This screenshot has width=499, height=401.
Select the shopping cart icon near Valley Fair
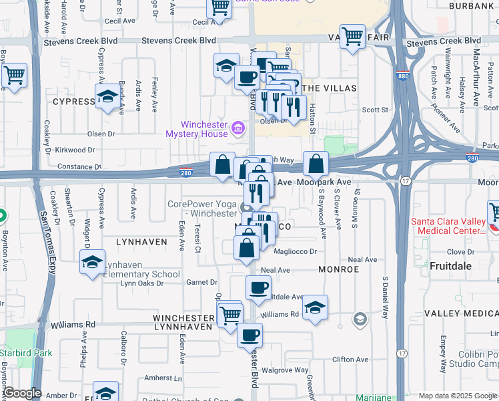pyautogui.click(x=352, y=35)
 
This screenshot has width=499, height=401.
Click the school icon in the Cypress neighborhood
pyautogui.click(x=107, y=97)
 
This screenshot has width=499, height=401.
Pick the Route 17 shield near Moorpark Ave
pyautogui.click(x=405, y=182)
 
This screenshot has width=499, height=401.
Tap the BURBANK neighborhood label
pyautogui.click(x=472, y=5)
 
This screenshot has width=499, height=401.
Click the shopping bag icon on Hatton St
pyautogui.click(x=316, y=162)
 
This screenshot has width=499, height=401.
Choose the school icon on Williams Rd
pyautogui.click(x=315, y=307)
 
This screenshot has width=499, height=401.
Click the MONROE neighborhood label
pyautogui.click(x=338, y=269)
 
